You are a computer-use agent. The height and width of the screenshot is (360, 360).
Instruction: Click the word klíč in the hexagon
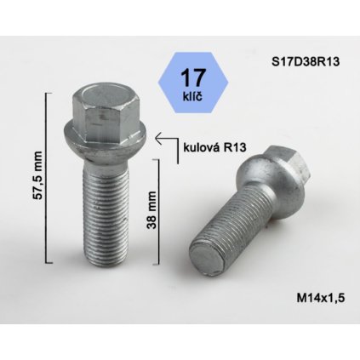coord(192,97)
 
